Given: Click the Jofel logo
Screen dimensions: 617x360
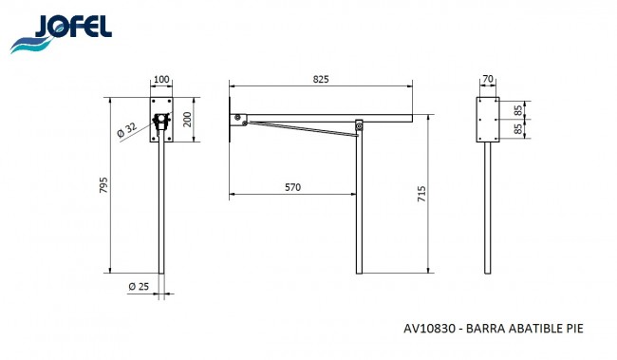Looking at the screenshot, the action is pyautogui.click(x=61, y=34).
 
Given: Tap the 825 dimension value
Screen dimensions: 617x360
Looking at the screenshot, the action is pyautogui.click(x=321, y=79).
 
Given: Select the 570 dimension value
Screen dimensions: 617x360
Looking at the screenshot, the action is pyautogui.click(x=292, y=187).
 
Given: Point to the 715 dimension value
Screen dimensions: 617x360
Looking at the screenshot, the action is pyautogui.click(x=421, y=194).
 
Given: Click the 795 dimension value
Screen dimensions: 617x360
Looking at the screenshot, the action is pyautogui.click(x=103, y=185).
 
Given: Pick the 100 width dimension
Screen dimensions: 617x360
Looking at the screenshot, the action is pyautogui.click(x=161, y=79).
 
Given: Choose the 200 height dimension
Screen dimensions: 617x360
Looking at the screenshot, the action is pyautogui.click(x=187, y=120).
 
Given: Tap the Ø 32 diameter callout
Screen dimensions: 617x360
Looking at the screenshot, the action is pyautogui.click(x=127, y=129).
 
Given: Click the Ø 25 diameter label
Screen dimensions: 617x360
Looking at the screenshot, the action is pyautogui.click(x=139, y=286).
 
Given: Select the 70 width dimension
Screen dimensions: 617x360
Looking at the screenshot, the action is pyautogui.click(x=488, y=79).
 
